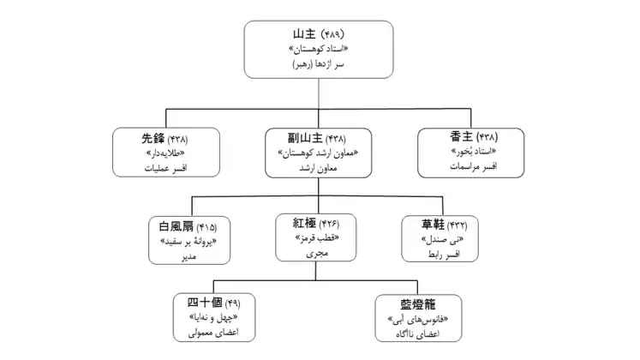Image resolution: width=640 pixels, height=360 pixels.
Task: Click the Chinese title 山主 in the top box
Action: [x=305, y=35]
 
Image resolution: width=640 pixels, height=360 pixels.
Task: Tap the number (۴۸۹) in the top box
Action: [x=335, y=35]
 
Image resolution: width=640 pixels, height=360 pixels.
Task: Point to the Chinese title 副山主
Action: [x=307, y=138]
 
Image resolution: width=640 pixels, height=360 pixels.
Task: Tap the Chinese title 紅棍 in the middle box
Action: [x=306, y=224]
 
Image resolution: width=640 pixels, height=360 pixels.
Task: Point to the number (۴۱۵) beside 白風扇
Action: [x=206, y=227]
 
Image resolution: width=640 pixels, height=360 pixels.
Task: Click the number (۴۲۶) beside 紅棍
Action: [x=335, y=225]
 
